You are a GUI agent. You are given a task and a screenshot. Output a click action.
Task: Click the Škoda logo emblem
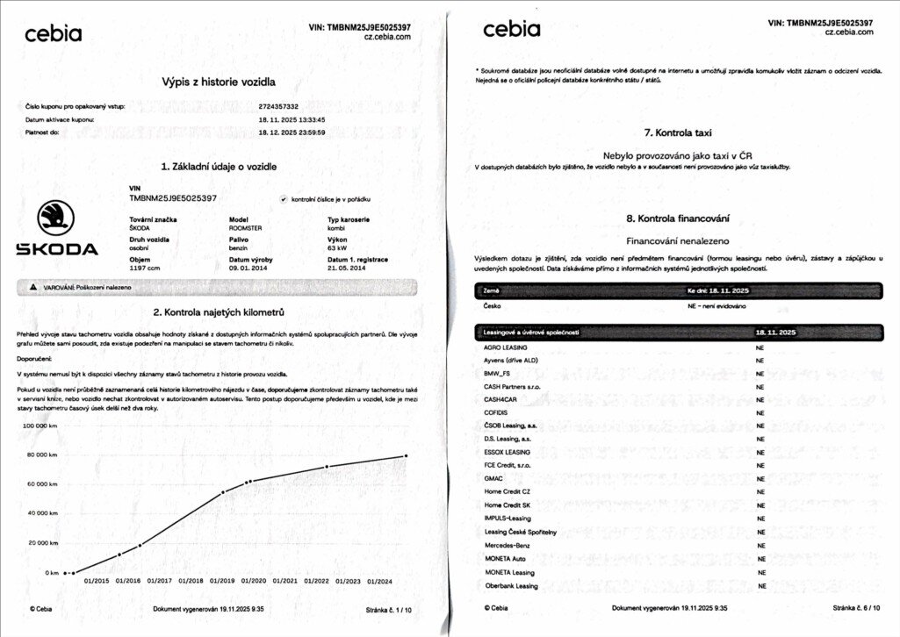[56, 218]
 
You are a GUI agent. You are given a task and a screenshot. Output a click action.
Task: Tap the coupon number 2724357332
[284, 106]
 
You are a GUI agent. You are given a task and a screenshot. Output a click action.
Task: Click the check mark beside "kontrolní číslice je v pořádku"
[283, 199]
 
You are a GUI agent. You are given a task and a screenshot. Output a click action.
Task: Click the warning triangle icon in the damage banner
[33, 288]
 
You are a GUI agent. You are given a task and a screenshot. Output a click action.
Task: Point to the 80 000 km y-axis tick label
[40, 454]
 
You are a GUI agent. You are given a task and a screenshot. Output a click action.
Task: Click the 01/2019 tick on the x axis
[222, 581]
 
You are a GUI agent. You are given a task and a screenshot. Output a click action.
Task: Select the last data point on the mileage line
[406, 455]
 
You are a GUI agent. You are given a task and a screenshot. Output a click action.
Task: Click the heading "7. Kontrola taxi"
[677, 132]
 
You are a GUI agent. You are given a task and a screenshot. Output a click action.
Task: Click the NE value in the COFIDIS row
[760, 412]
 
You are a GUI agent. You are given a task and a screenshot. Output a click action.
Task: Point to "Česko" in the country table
[492, 306]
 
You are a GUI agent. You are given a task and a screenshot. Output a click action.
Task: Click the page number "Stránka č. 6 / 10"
[855, 608]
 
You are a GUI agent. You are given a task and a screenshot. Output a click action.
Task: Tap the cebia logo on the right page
[512, 30]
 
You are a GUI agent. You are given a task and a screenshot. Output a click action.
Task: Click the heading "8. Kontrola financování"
[677, 218]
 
